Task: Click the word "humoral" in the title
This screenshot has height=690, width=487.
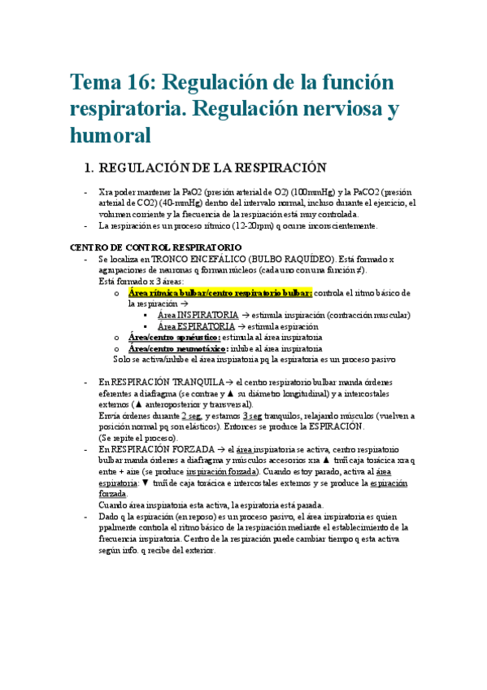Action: click(111, 134)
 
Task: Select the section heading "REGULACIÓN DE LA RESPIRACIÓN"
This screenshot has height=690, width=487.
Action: click(206, 168)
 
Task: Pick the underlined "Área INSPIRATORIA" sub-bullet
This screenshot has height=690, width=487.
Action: click(198, 315)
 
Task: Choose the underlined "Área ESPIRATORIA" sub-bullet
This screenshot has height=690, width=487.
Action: click(196, 325)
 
